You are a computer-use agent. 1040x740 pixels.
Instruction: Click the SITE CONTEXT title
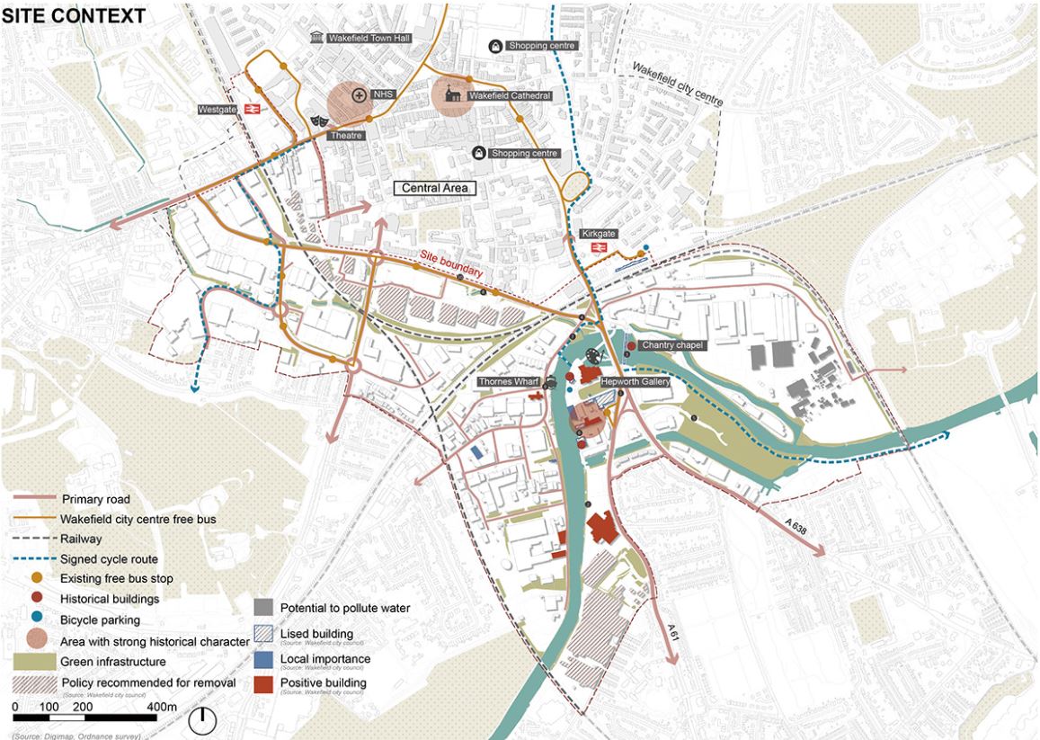pos(74,15)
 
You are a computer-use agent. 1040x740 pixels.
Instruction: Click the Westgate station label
pos(215,110)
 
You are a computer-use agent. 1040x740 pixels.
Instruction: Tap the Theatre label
pos(345,135)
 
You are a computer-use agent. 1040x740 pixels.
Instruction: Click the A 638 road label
pos(796,528)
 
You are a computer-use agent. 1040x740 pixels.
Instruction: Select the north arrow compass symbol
pos(205,720)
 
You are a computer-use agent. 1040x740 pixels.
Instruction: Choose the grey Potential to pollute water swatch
pos(263,608)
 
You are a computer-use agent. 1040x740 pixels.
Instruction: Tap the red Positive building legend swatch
pos(263,683)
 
